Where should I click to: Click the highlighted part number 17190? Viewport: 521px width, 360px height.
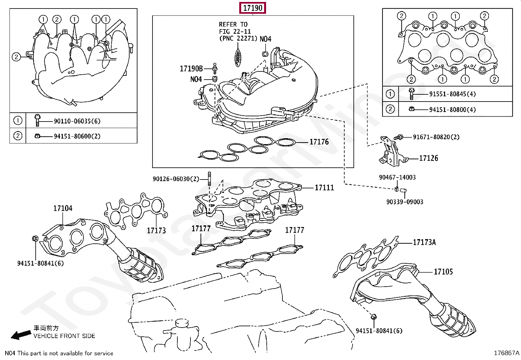tap(253, 8)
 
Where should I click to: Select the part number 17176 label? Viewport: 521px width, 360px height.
tap(319, 142)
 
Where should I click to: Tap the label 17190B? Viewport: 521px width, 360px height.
tap(191, 69)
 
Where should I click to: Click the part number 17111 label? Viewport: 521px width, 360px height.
tap(324, 188)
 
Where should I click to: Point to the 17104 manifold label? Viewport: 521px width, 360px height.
tap(63, 208)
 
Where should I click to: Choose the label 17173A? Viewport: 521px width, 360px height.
tap(424, 242)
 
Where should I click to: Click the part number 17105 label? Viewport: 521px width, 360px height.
tap(443, 272)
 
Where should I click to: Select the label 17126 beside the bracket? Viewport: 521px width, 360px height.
tap(428, 158)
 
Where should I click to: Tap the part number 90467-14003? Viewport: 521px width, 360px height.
tap(397, 178)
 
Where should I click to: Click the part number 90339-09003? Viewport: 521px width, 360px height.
tap(405, 202)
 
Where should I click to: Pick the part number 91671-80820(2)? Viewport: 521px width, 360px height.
tap(436, 137)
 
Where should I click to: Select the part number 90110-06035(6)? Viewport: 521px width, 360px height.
tap(77, 121)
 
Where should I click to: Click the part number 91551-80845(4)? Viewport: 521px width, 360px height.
tap(452, 94)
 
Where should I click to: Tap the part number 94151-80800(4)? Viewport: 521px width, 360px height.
tap(452, 110)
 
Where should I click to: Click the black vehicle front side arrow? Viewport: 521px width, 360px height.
tap(21, 334)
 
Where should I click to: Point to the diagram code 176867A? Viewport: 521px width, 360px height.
tap(506, 353)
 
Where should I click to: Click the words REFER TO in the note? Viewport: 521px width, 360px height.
tap(233, 25)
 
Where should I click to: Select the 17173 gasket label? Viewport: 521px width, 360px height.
tap(156, 231)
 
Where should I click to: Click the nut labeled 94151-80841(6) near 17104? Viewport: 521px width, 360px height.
tap(35, 238)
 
